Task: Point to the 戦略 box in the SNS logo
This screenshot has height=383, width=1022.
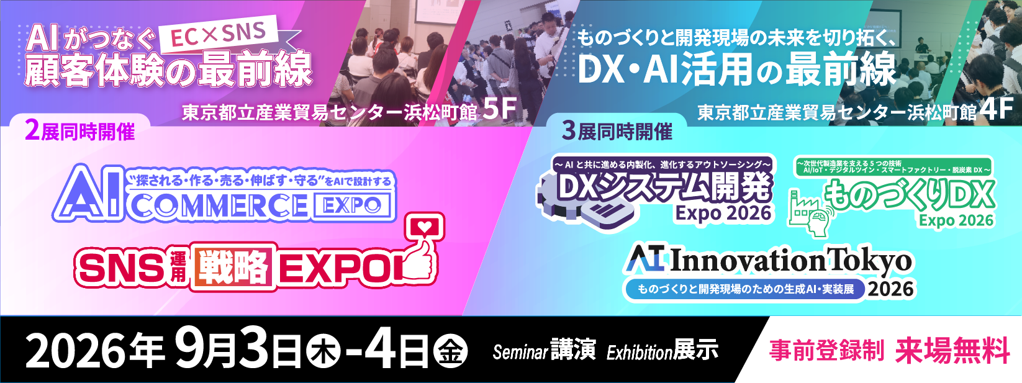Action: point(233,267)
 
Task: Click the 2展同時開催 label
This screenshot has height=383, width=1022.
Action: point(81,132)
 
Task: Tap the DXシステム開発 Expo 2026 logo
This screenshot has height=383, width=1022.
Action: point(655,192)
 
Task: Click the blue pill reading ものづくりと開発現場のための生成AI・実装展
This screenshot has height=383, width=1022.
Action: point(745,289)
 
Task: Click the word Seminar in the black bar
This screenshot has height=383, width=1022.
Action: point(520,351)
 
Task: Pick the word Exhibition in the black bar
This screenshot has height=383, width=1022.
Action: point(640,352)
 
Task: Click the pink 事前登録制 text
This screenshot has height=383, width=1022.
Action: point(826,351)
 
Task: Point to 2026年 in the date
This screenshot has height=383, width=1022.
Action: point(95,351)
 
